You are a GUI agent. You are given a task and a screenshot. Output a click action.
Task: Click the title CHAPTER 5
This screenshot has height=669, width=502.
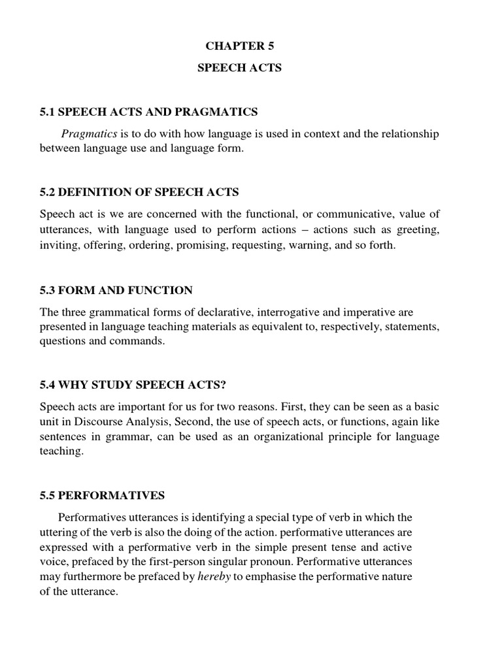pyautogui.click(x=240, y=45)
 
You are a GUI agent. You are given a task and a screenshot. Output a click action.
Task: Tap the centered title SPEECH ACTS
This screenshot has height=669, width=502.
pyautogui.click(x=240, y=68)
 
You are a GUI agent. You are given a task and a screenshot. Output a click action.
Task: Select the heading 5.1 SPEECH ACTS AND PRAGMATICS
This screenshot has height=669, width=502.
pyautogui.click(x=149, y=112)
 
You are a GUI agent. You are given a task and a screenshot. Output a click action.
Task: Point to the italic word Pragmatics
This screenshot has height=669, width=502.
pyautogui.click(x=89, y=134)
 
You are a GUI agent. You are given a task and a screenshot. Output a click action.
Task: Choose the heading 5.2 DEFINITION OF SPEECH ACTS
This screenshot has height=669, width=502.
pyautogui.click(x=139, y=192)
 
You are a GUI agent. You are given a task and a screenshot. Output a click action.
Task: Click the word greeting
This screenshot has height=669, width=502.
pyautogui.click(x=418, y=230)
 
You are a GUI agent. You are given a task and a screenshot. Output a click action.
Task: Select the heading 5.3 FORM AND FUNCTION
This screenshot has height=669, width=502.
pyautogui.click(x=116, y=289)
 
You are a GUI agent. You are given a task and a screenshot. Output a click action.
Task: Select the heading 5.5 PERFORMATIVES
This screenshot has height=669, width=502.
pyautogui.click(x=102, y=496)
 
